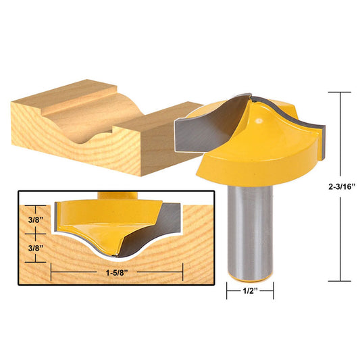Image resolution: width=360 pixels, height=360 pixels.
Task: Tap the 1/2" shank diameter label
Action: (249, 293)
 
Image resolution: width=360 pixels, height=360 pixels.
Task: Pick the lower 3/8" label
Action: (34, 248)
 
